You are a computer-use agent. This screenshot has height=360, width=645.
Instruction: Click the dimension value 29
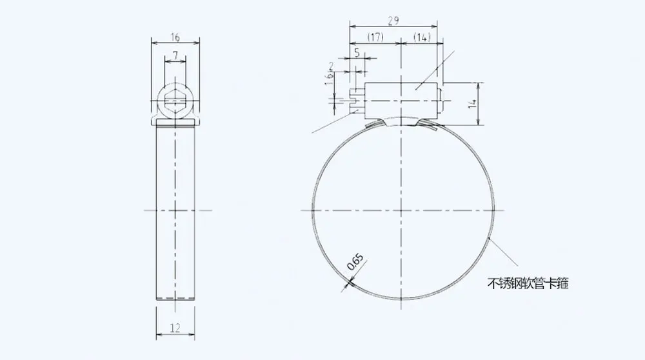(x=393, y=20)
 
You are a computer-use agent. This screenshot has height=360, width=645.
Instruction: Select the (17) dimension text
(x=375, y=37)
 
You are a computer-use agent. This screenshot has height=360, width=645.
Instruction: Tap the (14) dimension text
(x=422, y=37)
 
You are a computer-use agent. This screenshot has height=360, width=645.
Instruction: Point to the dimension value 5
(x=357, y=53)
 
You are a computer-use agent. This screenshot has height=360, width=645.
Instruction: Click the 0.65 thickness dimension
(x=355, y=263)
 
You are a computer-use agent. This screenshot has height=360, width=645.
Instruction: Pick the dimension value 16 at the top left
(x=175, y=37)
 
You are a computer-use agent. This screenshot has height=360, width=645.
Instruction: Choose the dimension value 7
(x=175, y=55)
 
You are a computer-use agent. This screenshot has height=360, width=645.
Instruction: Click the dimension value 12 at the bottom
(x=175, y=328)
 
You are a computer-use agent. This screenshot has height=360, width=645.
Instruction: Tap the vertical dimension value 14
(x=473, y=103)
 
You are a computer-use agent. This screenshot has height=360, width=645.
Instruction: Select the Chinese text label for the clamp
(x=528, y=283)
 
